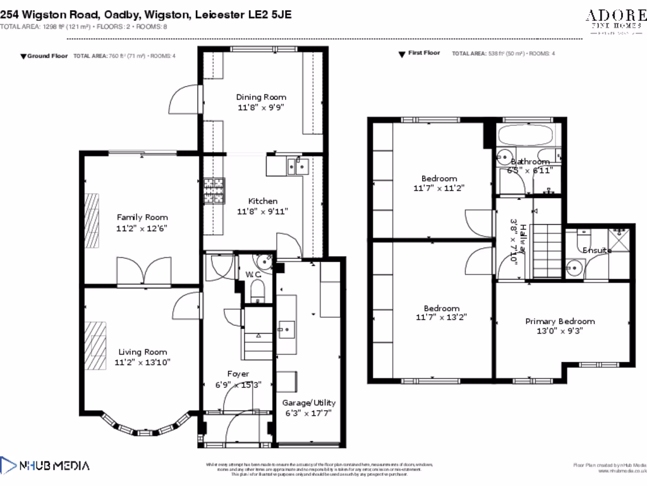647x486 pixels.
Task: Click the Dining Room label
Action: [261, 97]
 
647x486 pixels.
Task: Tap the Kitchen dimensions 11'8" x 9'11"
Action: [261, 212]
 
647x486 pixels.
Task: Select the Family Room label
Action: [142, 217]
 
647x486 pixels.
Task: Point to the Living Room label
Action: [142, 352]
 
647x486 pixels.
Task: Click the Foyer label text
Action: [238, 374]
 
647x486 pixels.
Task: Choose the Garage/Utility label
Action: [309, 402]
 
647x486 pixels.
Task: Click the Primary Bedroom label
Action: [560, 321]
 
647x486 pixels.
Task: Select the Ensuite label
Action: [597, 250]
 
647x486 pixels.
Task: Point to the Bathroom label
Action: [530, 161]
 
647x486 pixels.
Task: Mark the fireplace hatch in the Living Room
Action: [95, 346]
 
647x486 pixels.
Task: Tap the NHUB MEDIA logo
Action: [45, 466]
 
